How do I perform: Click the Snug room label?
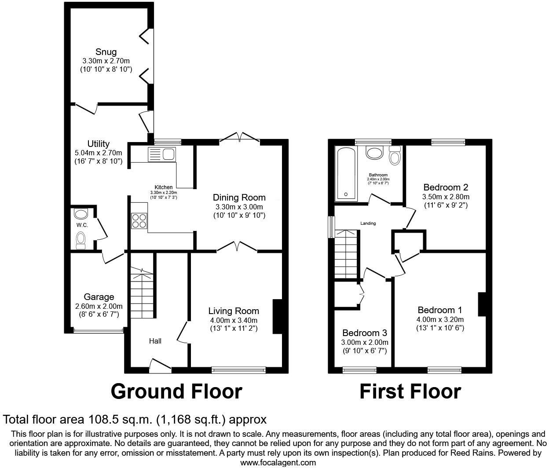point(106,52)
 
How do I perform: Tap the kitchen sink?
point(162,154)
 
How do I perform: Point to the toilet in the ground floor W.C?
point(81,240)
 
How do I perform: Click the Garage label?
point(99,297)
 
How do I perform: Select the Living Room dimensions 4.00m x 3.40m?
point(234,320)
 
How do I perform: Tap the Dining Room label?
point(239,197)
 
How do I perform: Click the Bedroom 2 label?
point(446,187)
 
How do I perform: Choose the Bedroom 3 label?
point(365,333)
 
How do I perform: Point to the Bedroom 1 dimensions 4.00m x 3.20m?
point(440,319)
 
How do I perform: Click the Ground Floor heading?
point(176,391)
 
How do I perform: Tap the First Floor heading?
point(410,391)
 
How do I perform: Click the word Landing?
point(368,223)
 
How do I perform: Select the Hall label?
point(155,341)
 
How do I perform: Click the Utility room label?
point(99,144)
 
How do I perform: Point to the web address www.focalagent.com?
point(278,462)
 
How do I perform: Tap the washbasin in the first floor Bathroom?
point(375,153)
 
